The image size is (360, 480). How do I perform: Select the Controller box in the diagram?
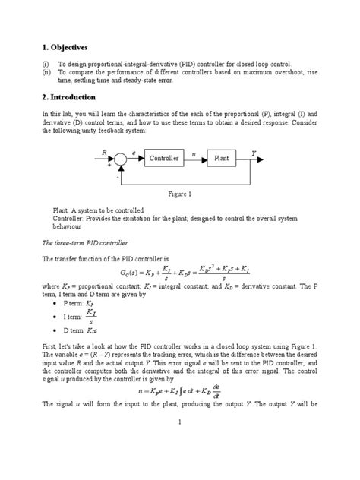(x=164, y=158)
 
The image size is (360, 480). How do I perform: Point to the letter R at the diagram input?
(x=103, y=153)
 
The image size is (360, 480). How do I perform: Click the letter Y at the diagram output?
(x=254, y=153)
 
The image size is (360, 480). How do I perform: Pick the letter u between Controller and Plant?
(x=194, y=154)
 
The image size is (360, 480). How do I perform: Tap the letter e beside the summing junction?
(x=134, y=153)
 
